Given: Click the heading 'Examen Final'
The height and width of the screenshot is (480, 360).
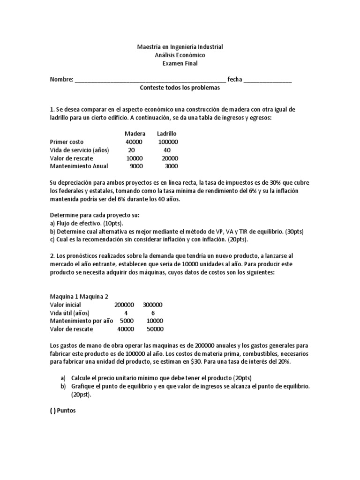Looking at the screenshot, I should (180, 63).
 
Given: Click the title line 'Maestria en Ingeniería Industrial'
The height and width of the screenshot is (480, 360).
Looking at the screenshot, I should (180, 47).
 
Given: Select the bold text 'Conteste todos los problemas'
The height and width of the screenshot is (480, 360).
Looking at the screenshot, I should (180, 88).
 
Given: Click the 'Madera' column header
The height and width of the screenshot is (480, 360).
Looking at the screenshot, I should (135, 134).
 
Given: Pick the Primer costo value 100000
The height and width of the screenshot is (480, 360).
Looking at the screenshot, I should (168, 142).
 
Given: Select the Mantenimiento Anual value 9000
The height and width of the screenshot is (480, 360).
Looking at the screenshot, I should (136, 166).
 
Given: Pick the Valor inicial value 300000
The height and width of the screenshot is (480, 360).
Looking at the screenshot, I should (153, 304).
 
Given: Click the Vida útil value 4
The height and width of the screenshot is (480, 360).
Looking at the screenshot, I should (125, 313).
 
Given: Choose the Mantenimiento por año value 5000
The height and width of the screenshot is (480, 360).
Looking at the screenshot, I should (127, 321).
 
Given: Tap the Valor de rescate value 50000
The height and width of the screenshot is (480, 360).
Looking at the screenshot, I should (155, 329).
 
